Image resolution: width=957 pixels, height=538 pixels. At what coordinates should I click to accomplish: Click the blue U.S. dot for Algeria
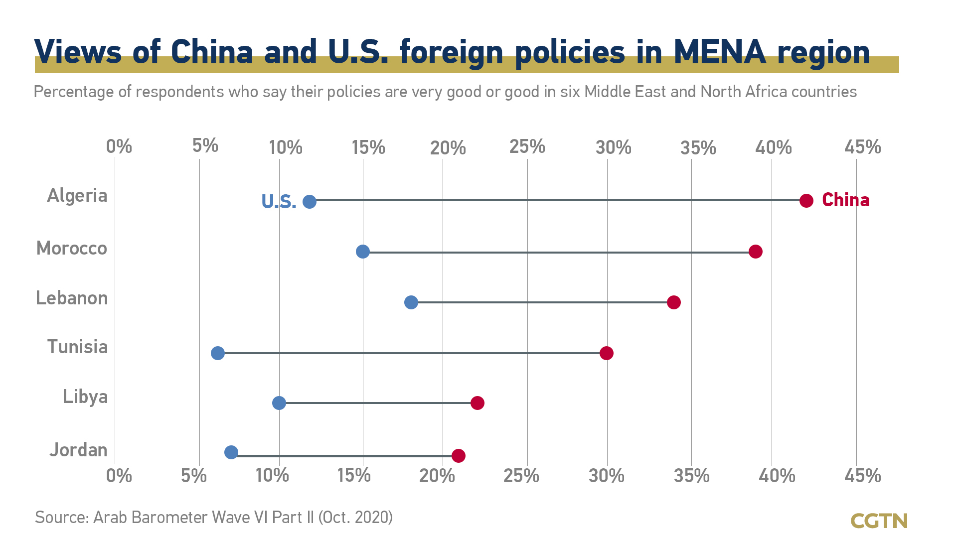tap(310, 202)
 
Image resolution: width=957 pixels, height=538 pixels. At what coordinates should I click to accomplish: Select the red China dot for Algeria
tap(806, 201)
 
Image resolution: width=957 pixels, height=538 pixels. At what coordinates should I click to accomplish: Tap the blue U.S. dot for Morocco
tap(363, 252)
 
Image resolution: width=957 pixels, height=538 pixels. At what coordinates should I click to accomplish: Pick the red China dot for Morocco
tap(756, 252)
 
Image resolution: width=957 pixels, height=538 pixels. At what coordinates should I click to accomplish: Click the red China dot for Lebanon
tap(674, 302)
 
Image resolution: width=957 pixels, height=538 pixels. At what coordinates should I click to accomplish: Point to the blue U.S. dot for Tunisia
tap(218, 353)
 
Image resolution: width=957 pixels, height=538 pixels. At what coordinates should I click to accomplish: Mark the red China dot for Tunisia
tap(607, 353)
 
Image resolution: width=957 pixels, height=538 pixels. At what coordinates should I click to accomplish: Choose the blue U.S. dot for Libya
tap(279, 403)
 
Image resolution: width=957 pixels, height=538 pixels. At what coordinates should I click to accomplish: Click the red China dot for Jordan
tap(459, 455)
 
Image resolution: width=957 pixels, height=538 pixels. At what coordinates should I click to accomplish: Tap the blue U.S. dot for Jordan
tap(231, 452)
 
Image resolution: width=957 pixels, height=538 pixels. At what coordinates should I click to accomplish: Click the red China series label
tap(845, 200)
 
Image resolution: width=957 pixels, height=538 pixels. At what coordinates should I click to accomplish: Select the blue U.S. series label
tap(279, 202)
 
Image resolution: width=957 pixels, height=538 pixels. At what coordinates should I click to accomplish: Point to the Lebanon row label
tap(72, 298)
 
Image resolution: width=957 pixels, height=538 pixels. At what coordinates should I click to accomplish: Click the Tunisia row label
tap(77, 347)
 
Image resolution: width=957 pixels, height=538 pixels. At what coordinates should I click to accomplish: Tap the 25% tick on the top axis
tap(527, 147)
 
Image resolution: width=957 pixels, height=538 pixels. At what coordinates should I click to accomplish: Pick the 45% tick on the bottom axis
tap(862, 476)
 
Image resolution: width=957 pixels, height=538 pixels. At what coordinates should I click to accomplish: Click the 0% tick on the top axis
tap(119, 147)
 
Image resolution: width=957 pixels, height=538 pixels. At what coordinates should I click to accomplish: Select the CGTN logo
tap(879, 521)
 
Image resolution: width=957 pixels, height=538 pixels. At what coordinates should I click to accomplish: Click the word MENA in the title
tap(719, 52)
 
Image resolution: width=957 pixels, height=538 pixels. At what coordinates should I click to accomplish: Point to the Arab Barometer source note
tap(214, 518)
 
